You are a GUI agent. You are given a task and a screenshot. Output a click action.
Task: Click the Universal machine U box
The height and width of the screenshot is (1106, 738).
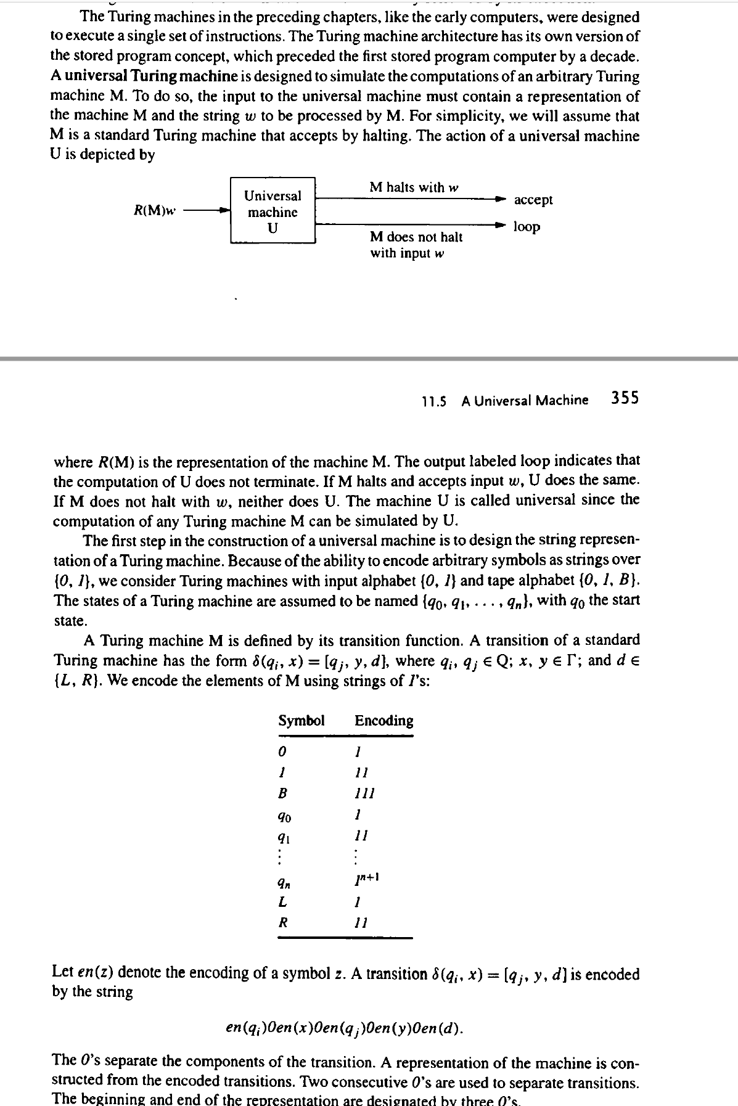tap(273, 211)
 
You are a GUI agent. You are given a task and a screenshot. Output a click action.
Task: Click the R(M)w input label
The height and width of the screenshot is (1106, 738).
tap(155, 210)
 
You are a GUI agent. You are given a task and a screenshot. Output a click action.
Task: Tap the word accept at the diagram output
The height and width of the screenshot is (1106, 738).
tap(533, 200)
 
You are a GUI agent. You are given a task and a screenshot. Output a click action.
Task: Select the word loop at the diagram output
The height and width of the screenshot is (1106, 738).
tap(527, 226)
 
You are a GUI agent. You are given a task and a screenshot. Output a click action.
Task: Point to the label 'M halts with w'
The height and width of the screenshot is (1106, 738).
tap(414, 187)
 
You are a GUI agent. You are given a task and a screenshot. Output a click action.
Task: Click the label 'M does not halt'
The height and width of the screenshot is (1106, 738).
tap(416, 237)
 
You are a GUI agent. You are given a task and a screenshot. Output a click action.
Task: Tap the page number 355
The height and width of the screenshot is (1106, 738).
tap(625, 398)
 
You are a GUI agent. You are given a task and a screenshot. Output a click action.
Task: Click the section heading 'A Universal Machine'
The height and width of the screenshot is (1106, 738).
tap(524, 401)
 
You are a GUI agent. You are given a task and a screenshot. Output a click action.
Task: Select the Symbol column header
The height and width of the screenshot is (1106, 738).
tap(301, 721)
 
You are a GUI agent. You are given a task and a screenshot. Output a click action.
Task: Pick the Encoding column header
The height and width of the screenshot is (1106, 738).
tap(383, 721)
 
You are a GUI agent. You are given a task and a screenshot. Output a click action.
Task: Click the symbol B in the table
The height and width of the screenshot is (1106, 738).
tap(284, 793)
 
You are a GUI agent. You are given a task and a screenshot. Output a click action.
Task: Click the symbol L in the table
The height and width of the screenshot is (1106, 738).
tap(282, 902)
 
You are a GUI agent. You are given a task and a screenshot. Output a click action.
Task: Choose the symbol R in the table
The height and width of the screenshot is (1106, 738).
tap(283, 923)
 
